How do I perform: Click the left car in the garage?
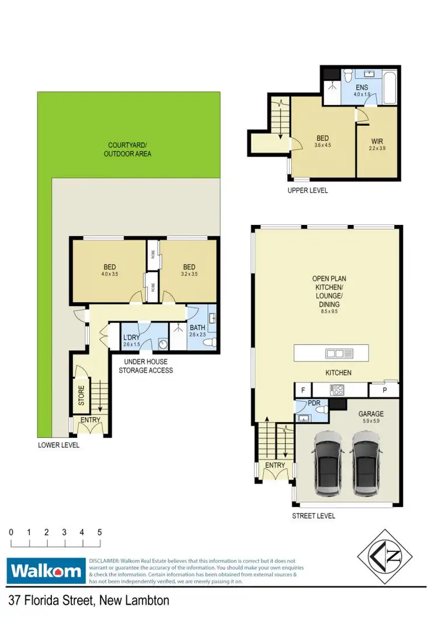328,463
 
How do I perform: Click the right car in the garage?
366,463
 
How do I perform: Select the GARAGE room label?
371,413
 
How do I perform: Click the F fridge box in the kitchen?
303,389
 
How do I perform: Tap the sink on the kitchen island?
339,353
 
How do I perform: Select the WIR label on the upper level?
377,141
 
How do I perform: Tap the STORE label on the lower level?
81,395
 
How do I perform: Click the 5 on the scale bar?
100,532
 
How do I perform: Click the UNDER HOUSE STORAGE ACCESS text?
146,366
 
